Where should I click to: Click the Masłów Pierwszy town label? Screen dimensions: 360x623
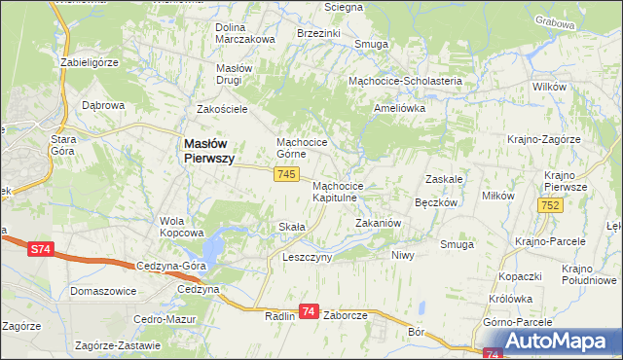208,151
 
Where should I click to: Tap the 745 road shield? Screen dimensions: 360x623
285,173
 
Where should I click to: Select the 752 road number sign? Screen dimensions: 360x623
550,204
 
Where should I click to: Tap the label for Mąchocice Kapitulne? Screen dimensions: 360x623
338,192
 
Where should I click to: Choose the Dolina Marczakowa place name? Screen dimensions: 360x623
244,33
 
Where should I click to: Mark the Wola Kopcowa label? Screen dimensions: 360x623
181,227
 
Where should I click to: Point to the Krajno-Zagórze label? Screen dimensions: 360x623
543,139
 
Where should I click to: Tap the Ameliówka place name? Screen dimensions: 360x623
400,109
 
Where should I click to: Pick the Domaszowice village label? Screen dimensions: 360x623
102,291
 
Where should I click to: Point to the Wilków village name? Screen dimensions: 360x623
549,88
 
